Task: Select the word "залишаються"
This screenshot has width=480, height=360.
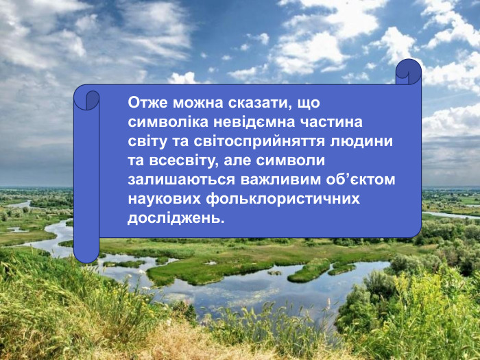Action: point(181,180)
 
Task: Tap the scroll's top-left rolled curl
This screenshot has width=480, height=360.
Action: point(87,99)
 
